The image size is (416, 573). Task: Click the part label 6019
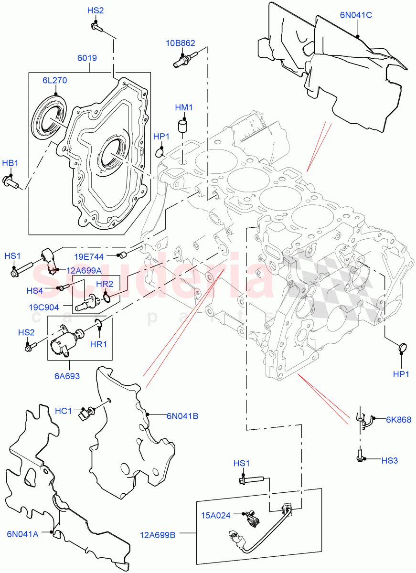[x=87, y=58]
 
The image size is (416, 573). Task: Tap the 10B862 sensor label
[x=181, y=43]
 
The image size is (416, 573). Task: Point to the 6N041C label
[x=356, y=15]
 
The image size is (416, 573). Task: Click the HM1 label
[x=183, y=108]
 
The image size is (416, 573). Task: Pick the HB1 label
[x=10, y=163]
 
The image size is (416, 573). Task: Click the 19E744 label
[x=103, y=256]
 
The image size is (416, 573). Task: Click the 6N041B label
[x=182, y=416]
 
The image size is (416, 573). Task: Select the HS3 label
[x=389, y=460]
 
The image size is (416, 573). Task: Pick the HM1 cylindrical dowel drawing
[x=182, y=127]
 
